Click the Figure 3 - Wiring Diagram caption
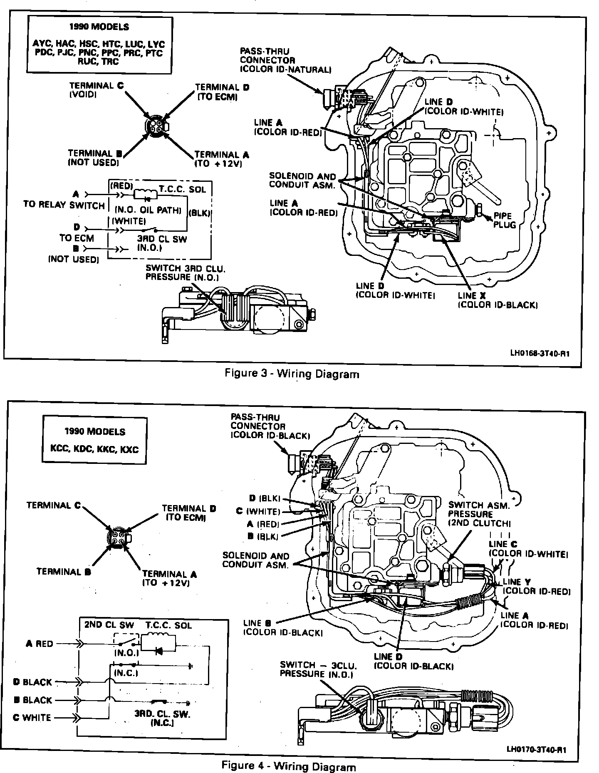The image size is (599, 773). coord(292,374)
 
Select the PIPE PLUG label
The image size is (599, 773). coord(505,221)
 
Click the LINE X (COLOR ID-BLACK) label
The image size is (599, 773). coord(498,300)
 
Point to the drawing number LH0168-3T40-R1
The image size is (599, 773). coord(540,354)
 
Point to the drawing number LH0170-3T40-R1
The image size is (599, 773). coord(536,750)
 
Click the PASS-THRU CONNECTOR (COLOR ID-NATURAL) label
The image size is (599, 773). coord(285,60)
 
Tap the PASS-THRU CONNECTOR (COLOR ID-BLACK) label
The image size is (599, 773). coord(270,426)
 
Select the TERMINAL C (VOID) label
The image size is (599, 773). coord(96,90)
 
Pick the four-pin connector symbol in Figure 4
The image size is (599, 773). coord(118,536)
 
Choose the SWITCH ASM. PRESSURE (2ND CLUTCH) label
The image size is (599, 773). coord(479,515)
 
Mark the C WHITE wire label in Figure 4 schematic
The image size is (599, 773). coord(32,718)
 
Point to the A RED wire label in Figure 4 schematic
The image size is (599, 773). coord(39,644)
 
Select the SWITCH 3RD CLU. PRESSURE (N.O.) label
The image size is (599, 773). coord(182,273)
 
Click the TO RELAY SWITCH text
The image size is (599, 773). coord(64,205)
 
